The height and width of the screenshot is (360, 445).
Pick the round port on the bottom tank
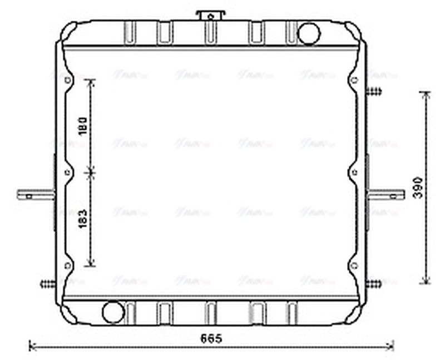(113, 311)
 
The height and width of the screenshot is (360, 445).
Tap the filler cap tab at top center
(209, 14)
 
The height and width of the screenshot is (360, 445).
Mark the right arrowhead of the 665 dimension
(392, 346)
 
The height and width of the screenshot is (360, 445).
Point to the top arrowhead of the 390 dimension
(426, 93)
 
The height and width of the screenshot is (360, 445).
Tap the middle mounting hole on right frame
(353, 172)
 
